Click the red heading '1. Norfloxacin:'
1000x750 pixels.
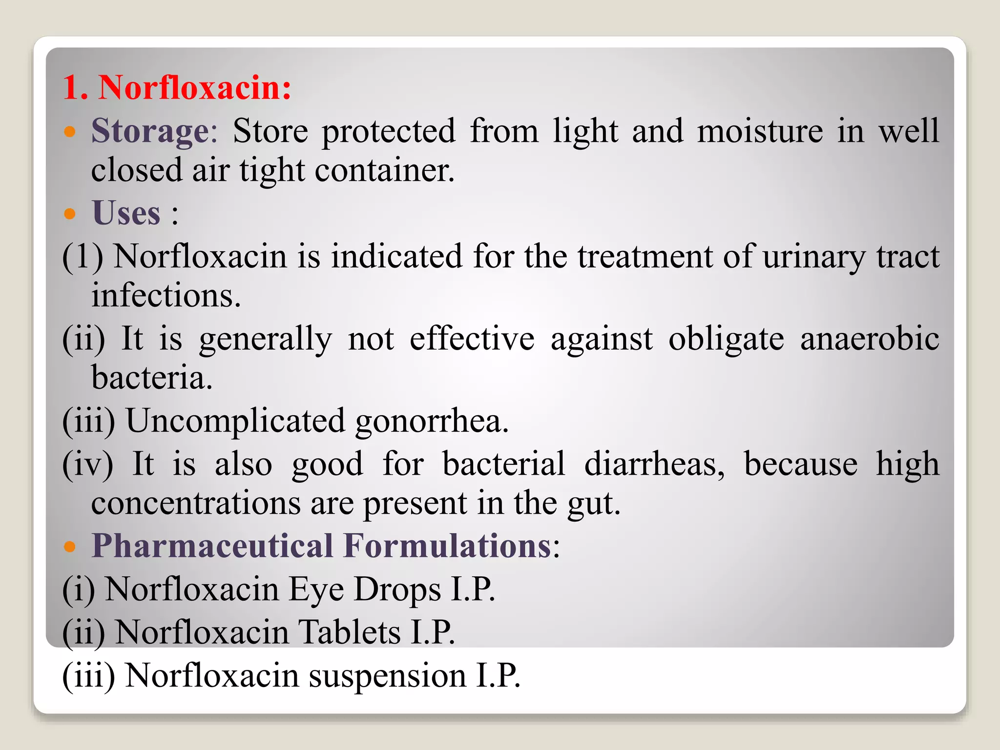(x=177, y=88)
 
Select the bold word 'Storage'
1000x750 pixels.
(x=150, y=131)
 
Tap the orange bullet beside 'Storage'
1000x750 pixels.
(x=70, y=131)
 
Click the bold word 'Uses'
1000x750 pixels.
(x=126, y=213)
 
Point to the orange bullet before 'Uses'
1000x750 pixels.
(x=70, y=213)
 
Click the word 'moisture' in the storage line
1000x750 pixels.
(x=760, y=131)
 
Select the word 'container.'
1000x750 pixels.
(x=385, y=171)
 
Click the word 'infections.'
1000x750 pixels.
(x=166, y=296)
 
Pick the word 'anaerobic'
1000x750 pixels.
(x=870, y=338)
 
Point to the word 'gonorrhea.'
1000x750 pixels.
(x=432, y=421)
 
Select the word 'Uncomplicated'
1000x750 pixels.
(x=235, y=421)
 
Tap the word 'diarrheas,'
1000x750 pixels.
(x=654, y=464)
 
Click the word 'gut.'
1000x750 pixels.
(x=594, y=504)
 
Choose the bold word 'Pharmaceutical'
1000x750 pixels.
(x=212, y=546)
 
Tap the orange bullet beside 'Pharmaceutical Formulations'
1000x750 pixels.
(x=70, y=546)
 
